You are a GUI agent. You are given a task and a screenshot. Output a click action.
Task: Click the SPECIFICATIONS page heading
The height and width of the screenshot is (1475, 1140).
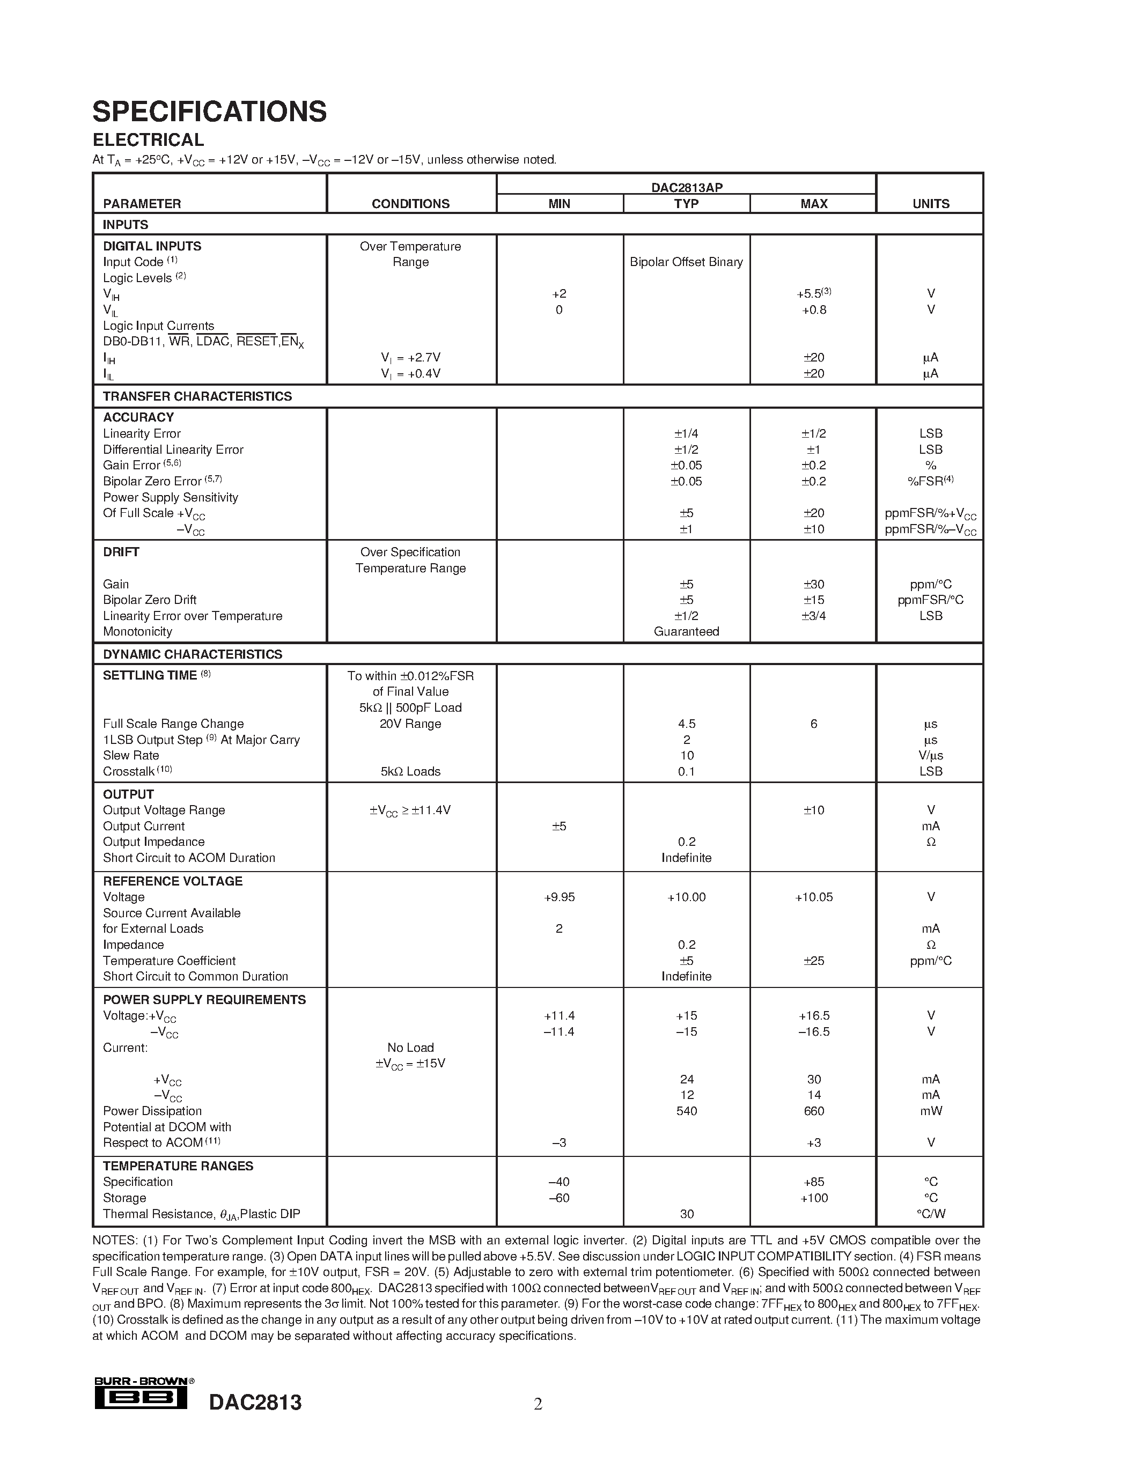coord(209,112)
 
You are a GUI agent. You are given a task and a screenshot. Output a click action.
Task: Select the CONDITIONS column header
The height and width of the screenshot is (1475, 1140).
coord(410,204)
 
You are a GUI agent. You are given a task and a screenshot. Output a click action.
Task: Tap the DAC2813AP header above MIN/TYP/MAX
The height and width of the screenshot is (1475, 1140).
coord(686,187)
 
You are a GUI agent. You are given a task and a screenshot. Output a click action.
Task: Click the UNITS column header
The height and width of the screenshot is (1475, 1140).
coord(931,204)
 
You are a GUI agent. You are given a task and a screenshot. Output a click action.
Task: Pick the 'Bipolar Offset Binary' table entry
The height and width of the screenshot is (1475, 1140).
coord(686,262)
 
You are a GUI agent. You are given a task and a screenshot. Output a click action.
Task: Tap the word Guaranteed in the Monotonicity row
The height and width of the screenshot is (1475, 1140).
coord(686,631)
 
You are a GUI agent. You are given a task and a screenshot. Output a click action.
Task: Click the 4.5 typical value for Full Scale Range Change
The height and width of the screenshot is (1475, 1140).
coord(686,724)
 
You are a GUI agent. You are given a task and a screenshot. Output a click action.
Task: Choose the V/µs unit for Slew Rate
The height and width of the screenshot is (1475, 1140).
coord(931,756)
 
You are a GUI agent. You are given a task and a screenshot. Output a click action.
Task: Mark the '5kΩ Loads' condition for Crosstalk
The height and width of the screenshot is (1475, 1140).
coord(410,771)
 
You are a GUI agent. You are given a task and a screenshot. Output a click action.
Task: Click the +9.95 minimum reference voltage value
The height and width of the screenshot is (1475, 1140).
coord(559,897)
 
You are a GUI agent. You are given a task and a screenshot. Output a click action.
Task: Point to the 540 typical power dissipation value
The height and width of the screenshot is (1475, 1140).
coord(686,1111)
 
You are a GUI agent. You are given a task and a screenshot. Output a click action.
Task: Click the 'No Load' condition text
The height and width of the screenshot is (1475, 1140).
coord(410,1048)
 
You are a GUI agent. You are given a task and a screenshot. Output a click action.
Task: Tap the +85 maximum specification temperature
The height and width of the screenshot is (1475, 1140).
coord(814,1182)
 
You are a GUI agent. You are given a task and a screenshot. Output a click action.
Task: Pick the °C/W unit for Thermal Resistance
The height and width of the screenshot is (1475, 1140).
coord(931,1214)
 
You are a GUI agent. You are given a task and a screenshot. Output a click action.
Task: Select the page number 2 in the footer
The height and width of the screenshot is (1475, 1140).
coord(538,1405)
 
